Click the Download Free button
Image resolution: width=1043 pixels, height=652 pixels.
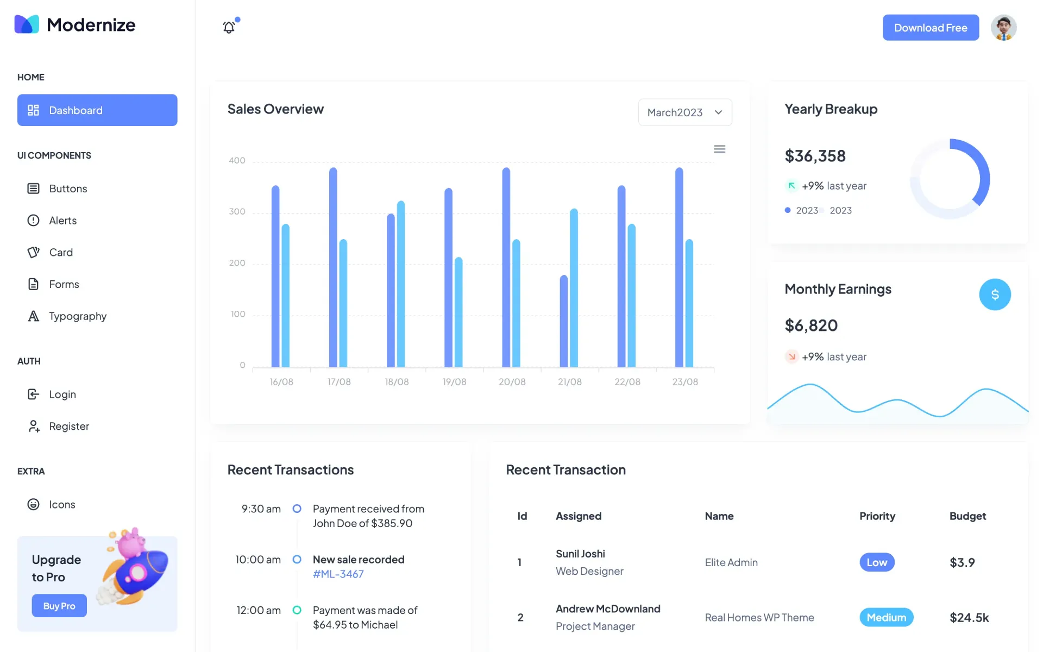931,28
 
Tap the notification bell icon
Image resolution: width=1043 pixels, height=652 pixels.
229,27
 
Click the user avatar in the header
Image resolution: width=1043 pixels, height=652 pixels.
1003,28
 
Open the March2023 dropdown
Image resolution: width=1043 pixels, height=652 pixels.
684,112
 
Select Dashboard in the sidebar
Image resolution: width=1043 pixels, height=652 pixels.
97,110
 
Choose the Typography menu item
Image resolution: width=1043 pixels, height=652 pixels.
77,316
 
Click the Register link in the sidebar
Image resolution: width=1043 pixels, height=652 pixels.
68,427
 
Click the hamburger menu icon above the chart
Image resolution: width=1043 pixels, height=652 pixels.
719,149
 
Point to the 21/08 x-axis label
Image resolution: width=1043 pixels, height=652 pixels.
569,382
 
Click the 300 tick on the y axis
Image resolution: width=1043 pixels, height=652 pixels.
237,211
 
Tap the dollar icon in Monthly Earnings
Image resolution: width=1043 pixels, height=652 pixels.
995,294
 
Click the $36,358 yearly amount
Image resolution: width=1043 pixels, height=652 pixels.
815,156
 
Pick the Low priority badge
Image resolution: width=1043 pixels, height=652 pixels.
877,562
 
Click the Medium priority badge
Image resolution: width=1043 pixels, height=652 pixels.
886,617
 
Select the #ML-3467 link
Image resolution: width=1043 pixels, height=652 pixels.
338,574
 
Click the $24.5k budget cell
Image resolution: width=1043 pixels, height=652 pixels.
969,618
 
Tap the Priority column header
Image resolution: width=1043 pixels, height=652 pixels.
877,516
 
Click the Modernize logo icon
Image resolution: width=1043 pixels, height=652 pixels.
27,24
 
